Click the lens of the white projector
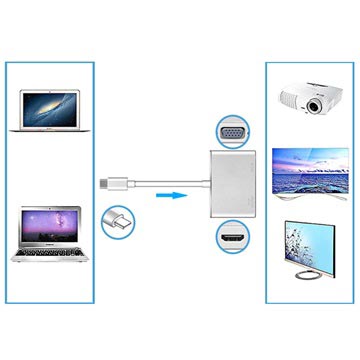pyautogui.click(x=317, y=104)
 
